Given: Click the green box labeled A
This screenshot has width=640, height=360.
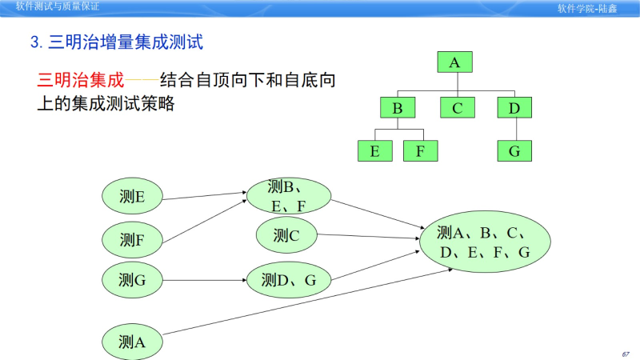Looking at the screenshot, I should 455,63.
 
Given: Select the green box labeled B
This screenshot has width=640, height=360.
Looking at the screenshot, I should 398,108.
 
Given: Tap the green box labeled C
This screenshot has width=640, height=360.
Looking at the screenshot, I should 457,108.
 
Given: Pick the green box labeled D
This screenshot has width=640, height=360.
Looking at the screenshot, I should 514,108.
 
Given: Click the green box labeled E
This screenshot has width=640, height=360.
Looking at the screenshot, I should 375,150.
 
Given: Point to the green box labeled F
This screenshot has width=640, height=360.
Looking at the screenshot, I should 421,150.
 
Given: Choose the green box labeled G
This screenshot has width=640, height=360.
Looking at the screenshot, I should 514,150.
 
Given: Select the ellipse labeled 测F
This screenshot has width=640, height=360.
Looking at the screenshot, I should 132,238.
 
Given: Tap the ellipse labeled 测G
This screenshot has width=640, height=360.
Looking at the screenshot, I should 132,280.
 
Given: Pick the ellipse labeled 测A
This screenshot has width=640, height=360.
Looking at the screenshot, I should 132,342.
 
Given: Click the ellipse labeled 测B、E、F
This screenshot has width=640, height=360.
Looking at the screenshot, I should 289,197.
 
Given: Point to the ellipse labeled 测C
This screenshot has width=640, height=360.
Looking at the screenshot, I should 286,235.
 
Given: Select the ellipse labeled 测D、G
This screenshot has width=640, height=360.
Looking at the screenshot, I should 289,280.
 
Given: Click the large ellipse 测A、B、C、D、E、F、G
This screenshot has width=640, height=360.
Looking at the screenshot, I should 485,242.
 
